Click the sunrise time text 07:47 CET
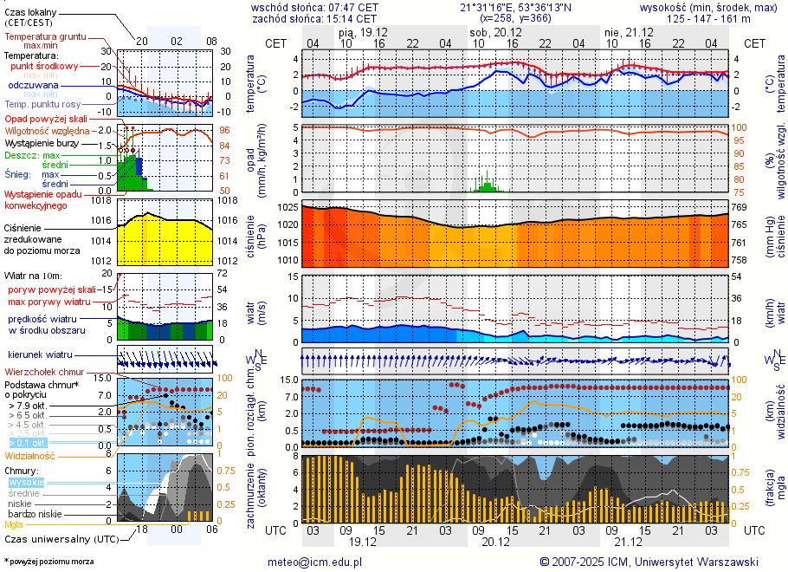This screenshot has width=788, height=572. pyautogui.click(x=353, y=6)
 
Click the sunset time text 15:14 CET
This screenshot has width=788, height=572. pyautogui.click(x=352, y=18)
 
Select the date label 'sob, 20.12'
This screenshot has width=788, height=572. pyautogui.click(x=490, y=31)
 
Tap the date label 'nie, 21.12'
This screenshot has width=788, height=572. pyautogui.click(x=629, y=31)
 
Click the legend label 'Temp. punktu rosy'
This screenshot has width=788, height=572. pyautogui.click(x=44, y=104)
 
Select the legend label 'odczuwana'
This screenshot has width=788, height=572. pyautogui.click(x=33, y=86)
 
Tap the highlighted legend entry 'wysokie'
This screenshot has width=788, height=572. pyautogui.click(x=26, y=482)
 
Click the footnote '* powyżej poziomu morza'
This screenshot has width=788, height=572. pyautogui.click(x=49, y=562)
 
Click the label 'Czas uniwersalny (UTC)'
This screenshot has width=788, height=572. pyautogui.click(x=61, y=539)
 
